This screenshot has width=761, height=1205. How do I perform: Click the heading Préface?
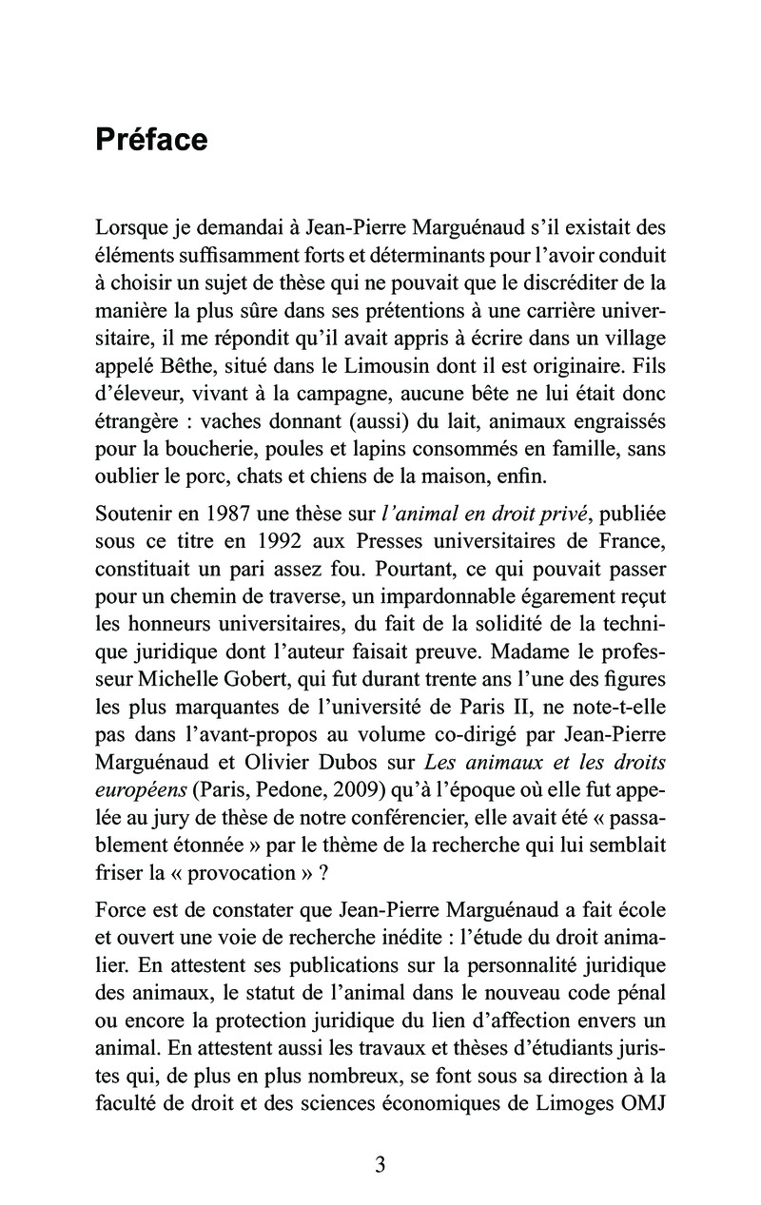click(151, 140)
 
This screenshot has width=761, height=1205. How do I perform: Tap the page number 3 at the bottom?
click(380, 1165)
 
